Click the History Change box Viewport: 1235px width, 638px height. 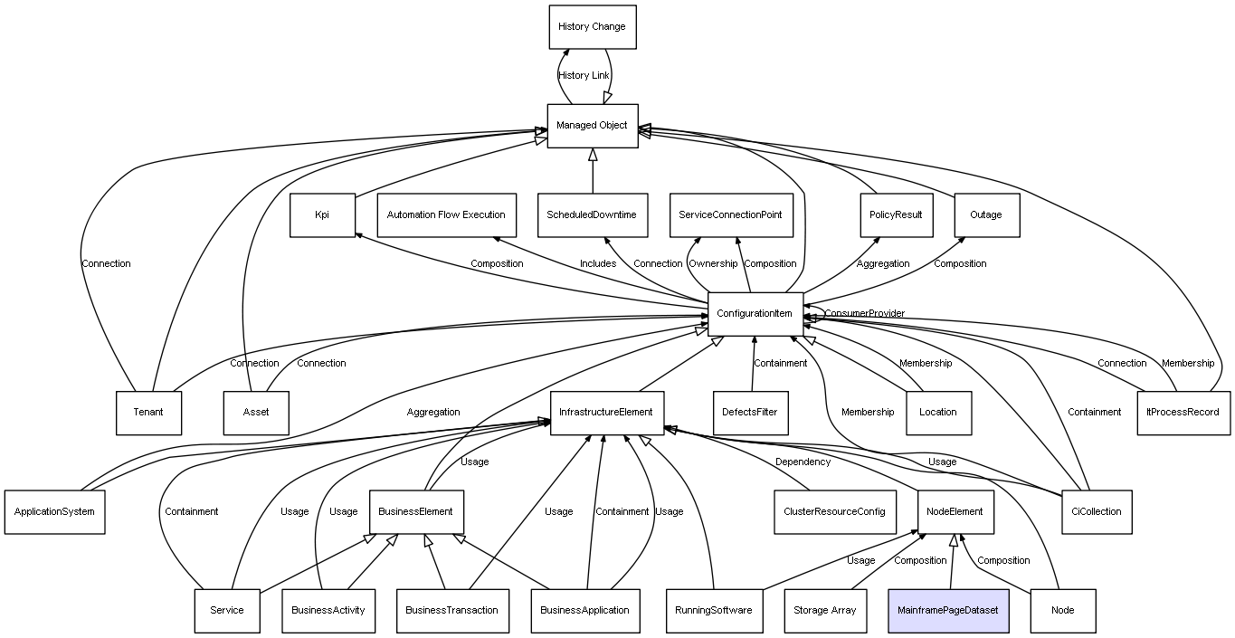coord(592,27)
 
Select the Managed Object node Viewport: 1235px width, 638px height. coord(592,126)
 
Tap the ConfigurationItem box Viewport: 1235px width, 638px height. coord(755,314)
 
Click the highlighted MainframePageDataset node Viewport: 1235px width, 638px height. coord(947,611)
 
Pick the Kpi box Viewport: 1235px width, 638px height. coord(322,215)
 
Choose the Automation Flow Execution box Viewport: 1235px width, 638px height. coord(446,215)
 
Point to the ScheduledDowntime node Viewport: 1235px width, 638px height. coord(592,215)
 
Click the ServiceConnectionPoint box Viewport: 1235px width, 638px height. coord(731,215)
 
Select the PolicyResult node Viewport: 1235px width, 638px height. coord(896,215)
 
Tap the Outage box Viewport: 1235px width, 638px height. coord(986,215)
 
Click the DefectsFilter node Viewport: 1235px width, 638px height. coord(750,413)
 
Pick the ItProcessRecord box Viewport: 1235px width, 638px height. coord(1183,413)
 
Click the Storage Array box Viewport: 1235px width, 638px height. coord(824,611)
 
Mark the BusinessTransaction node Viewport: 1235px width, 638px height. coord(451,611)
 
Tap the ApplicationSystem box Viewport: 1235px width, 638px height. coord(54,512)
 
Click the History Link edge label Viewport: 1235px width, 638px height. coord(584,76)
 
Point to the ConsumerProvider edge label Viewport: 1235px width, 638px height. coord(864,314)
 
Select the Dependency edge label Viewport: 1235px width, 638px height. coord(803,462)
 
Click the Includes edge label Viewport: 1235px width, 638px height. coord(598,264)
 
